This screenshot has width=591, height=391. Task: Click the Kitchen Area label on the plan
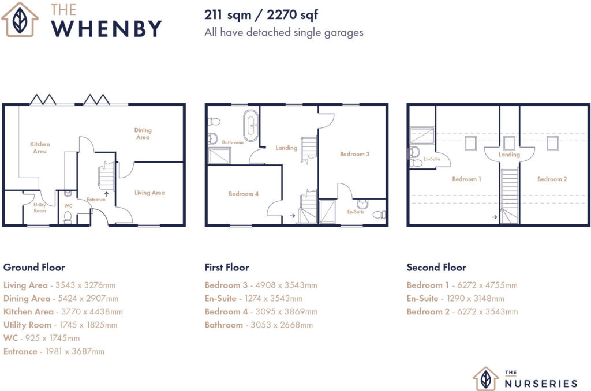(x=40, y=147)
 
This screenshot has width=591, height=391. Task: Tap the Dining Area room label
(x=143, y=133)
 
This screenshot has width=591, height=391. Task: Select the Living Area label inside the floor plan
(x=149, y=193)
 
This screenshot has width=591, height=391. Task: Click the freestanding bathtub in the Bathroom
(x=250, y=125)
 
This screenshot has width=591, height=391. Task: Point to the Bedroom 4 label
(x=244, y=194)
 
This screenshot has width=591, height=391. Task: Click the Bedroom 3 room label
(x=355, y=153)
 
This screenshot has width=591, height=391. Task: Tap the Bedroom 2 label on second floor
(x=552, y=179)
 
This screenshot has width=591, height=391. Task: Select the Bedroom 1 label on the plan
(x=466, y=179)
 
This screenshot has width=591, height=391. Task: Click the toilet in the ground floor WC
(x=68, y=217)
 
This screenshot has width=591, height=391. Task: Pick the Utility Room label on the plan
(x=40, y=208)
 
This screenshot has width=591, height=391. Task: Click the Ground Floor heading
(x=34, y=268)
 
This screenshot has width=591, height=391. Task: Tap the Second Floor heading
(x=436, y=268)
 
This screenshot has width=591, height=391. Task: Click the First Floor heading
(x=227, y=268)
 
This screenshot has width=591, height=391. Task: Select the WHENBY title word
(x=107, y=29)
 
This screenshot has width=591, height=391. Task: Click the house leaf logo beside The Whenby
(x=20, y=20)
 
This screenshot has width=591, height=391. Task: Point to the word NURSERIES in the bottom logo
(x=541, y=384)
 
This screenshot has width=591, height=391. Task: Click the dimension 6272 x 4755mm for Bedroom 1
(x=487, y=285)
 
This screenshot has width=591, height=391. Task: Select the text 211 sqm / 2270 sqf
(x=261, y=15)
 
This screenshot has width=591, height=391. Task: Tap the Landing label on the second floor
(x=509, y=155)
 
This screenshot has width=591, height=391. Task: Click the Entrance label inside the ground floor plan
(x=96, y=200)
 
